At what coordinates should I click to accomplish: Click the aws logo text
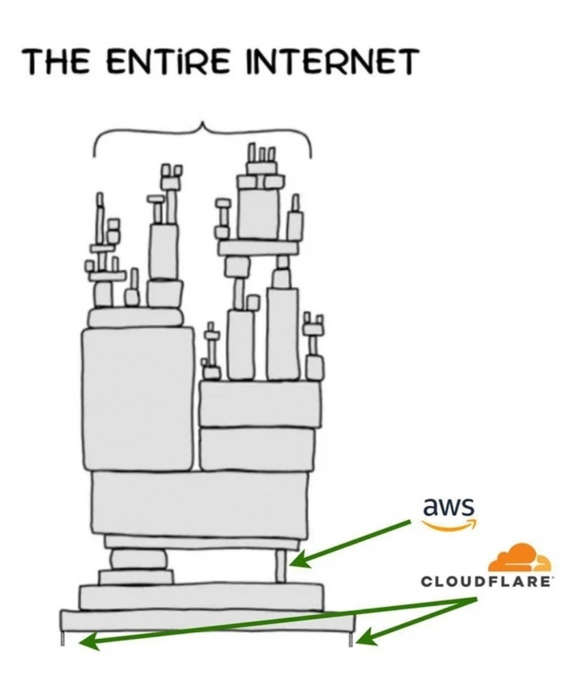click(x=449, y=507)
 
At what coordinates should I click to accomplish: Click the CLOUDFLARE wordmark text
click(x=487, y=581)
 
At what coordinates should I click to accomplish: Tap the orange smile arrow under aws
click(x=449, y=526)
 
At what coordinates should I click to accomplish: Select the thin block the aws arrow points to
click(x=280, y=566)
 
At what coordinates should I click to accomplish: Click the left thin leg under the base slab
click(x=64, y=637)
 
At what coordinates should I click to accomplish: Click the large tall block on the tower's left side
click(x=138, y=398)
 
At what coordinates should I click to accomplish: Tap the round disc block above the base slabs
click(x=138, y=559)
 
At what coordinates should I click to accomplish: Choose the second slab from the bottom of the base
click(x=201, y=596)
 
